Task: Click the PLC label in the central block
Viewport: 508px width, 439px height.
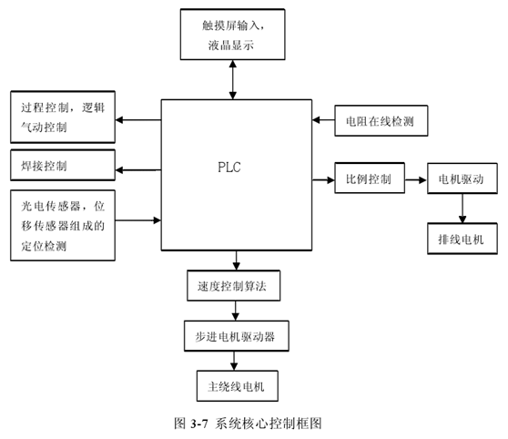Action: (x=229, y=168)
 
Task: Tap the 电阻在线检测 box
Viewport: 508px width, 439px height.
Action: (x=380, y=120)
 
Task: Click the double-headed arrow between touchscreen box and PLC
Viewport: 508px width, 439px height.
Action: (x=235, y=80)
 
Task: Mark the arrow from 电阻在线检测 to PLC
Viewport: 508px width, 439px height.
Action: (x=323, y=120)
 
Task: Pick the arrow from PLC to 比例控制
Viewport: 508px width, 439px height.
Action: (x=322, y=179)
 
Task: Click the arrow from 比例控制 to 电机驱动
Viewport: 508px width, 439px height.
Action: (x=414, y=179)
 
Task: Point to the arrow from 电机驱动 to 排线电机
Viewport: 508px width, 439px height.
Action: (x=462, y=209)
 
